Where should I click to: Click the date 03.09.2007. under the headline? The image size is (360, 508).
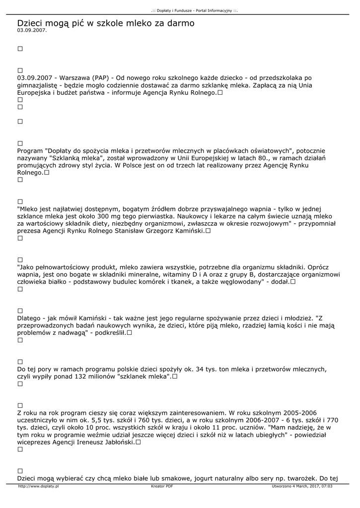32,30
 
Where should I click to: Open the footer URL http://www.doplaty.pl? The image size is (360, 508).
39,487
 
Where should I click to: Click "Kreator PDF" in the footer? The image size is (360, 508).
162,487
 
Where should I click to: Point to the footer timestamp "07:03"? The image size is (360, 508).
327,487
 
